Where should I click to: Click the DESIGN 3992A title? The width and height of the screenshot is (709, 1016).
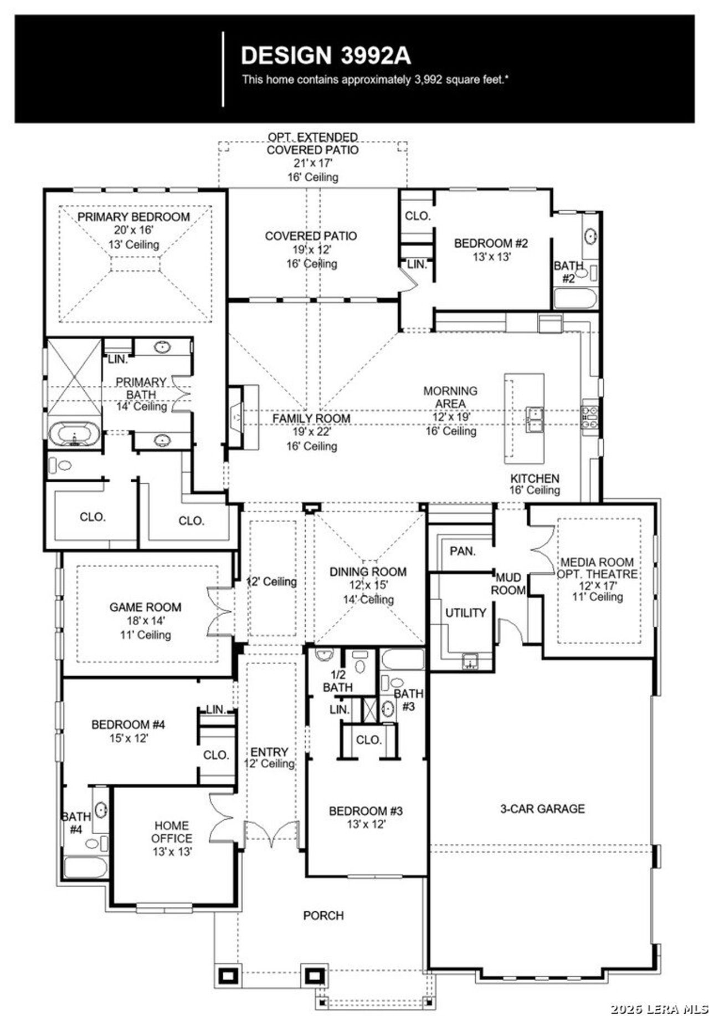pos(326,55)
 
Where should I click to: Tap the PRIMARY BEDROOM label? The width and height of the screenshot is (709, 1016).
pos(133,217)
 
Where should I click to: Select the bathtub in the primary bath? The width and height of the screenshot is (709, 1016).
pos(74,434)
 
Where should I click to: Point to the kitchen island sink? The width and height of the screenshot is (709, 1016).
pos(534,420)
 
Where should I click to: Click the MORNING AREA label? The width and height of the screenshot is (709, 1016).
pos(450,397)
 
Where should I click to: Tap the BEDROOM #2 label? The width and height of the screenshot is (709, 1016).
pos(491,243)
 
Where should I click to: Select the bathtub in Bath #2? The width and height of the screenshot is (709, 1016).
pos(576,299)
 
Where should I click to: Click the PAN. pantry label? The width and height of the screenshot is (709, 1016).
pos(463,551)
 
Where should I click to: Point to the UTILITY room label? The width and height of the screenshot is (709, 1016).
pos(465,612)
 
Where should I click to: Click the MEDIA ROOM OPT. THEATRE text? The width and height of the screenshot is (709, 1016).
pos(597,568)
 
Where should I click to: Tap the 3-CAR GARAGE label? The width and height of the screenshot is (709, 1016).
pos(542,809)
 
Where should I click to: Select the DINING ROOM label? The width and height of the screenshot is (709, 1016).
pos(368,571)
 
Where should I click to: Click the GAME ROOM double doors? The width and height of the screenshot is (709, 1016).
pos(219,611)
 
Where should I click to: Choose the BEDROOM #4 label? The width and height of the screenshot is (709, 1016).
pos(128,724)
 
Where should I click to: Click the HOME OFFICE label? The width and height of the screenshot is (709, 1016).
pos(172,832)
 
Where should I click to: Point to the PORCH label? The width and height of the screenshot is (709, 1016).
pos(323,915)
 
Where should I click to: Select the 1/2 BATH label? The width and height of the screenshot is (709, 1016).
pos(337,681)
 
